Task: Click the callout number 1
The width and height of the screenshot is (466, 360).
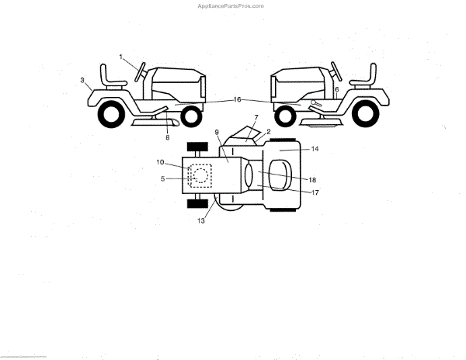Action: click(x=121, y=56)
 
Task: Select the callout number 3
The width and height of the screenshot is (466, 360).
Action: click(x=82, y=79)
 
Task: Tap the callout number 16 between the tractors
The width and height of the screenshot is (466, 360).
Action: click(x=238, y=99)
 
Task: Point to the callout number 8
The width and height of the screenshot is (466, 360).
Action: click(x=167, y=137)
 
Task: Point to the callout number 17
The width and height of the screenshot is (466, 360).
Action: click(x=315, y=192)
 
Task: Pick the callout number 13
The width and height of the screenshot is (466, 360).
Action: click(x=200, y=221)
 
